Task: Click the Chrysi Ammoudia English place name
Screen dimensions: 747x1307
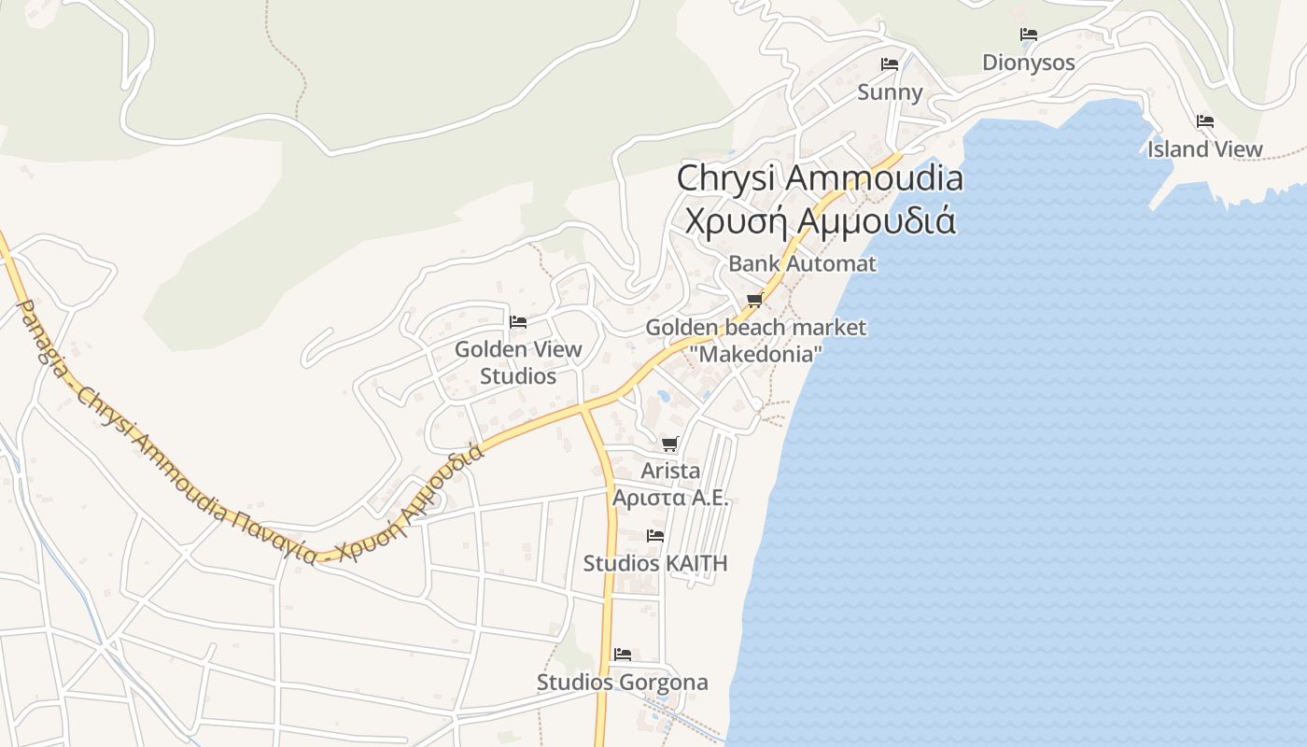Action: coord(819,177)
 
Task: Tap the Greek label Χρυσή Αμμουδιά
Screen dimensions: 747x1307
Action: coord(820,221)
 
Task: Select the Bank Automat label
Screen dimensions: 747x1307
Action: coord(802,263)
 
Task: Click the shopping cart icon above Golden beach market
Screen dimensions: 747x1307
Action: coord(754,300)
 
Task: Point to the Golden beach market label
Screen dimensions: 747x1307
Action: coord(755,328)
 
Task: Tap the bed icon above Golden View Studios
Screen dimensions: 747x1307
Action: coord(518,322)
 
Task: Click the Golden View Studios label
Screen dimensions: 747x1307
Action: coord(518,362)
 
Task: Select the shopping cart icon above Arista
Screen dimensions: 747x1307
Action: coord(669,444)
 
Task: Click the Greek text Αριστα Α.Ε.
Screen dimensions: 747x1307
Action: coord(669,498)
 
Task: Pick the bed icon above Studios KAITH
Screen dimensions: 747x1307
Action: coord(655,536)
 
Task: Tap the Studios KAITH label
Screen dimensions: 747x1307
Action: coord(654,564)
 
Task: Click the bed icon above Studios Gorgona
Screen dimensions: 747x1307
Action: coord(623,655)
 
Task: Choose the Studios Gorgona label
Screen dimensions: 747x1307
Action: coord(622,683)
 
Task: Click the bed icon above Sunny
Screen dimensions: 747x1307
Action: coord(890,64)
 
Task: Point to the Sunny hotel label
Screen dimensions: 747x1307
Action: coord(890,92)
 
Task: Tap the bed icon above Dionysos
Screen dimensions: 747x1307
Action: coord(1029,35)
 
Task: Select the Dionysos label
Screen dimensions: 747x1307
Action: coord(1028,63)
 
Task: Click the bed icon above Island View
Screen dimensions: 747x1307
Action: coord(1205,121)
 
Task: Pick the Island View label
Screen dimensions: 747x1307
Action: coord(1204,149)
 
